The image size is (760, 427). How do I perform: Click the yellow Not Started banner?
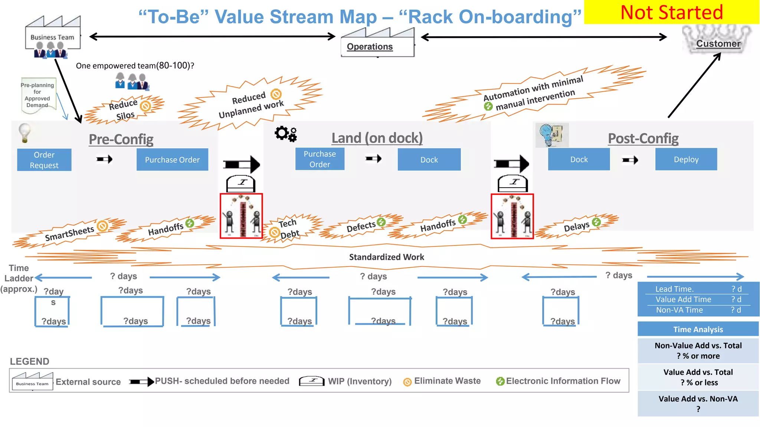671,12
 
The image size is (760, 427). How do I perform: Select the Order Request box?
44,160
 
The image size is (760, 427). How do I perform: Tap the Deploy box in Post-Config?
686,159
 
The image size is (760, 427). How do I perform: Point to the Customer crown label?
718,43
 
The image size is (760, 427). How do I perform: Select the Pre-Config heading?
121,139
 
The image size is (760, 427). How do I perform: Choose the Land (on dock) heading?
377,138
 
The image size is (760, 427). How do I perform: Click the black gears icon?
286,133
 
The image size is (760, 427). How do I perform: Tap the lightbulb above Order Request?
24,133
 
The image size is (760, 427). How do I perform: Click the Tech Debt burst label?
289,228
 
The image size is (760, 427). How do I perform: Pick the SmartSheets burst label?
69,234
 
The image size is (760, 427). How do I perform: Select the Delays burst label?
576,226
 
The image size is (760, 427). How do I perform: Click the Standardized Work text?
386,257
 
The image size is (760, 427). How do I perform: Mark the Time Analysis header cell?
698,329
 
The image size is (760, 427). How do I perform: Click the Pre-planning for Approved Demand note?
37,95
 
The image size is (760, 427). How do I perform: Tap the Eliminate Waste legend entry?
442,381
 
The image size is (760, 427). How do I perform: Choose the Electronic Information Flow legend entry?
558,381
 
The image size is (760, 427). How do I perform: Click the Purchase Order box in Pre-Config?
172,160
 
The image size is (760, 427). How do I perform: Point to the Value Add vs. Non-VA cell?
698,403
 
